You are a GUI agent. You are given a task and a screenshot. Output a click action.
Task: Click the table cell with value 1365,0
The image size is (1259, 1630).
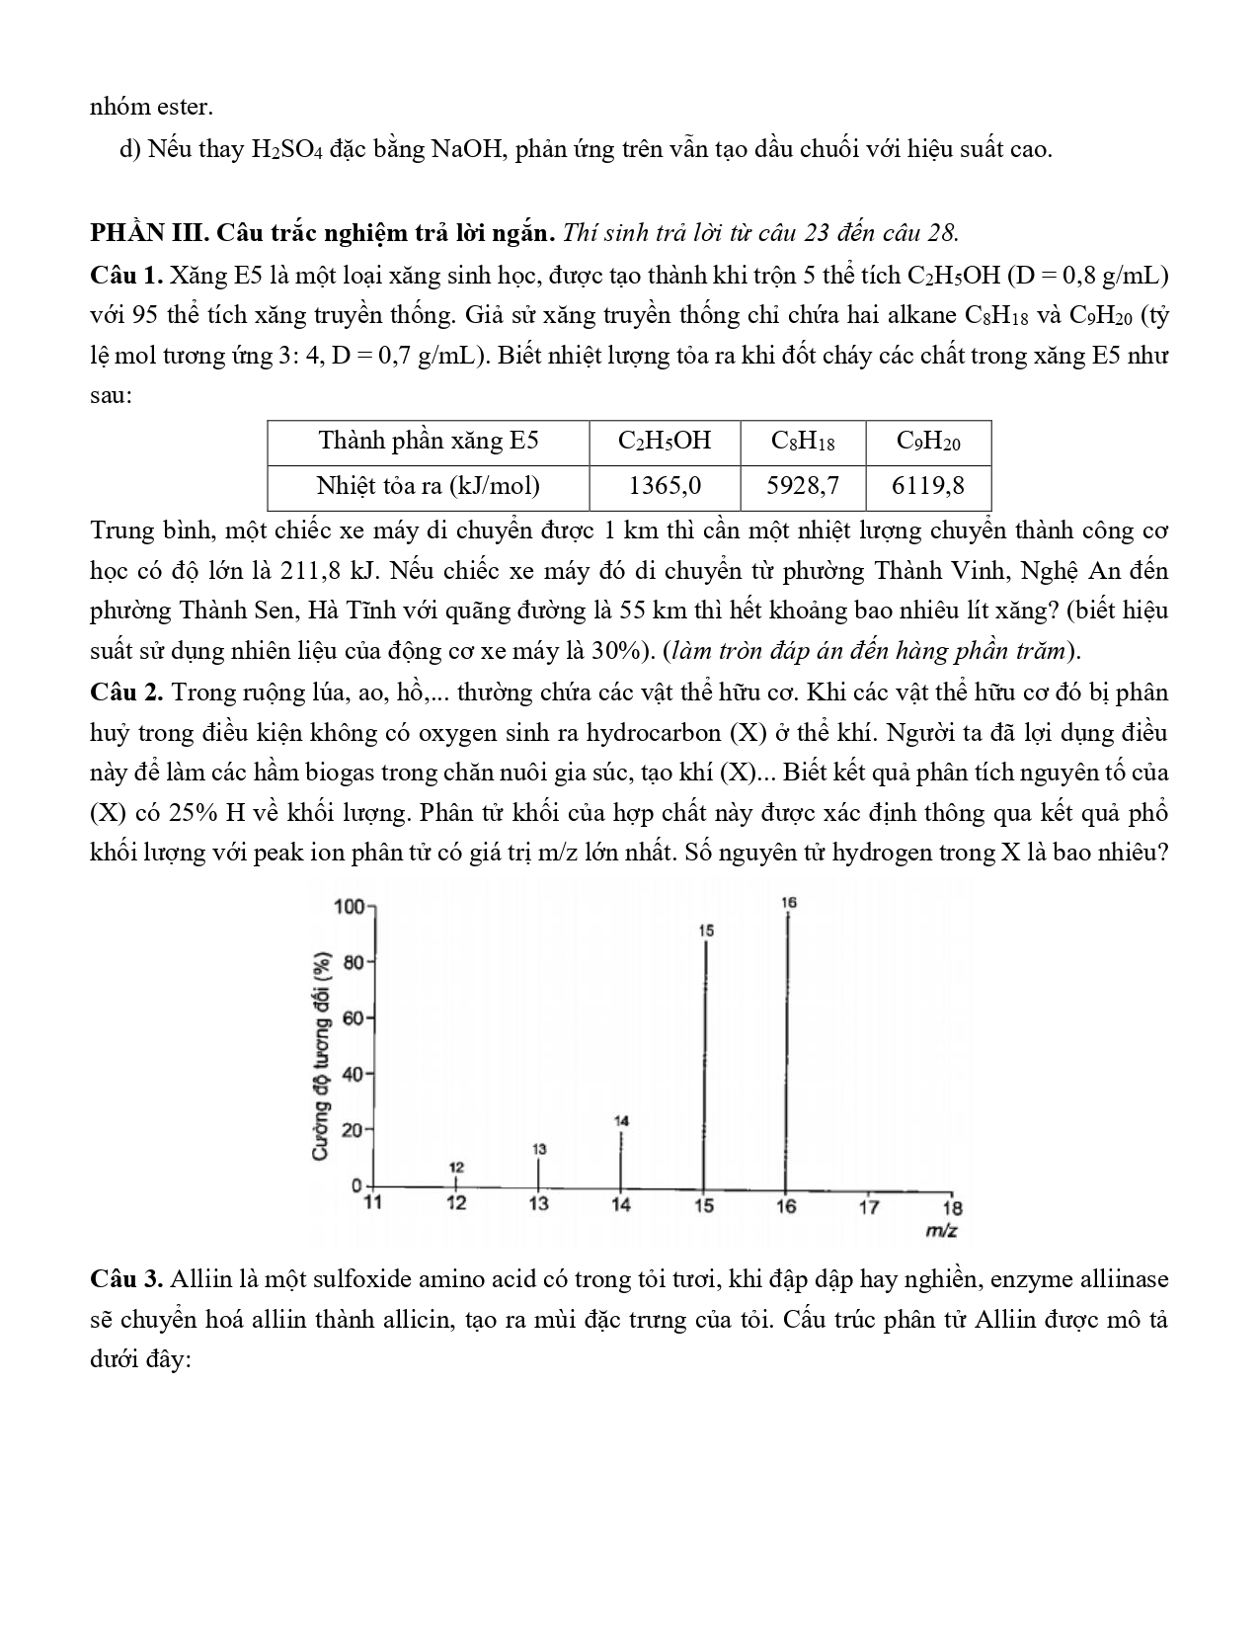coord(665,486)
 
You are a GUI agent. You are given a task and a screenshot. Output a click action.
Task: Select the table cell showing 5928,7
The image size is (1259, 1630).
coord(803,486)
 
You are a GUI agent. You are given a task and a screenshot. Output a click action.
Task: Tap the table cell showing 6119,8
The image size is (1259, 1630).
coord(928,486)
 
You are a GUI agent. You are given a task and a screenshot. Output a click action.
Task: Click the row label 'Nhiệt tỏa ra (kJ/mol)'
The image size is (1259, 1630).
coord(428,486)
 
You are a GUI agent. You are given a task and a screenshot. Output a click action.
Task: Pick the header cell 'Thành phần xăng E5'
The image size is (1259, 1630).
coord(428,441)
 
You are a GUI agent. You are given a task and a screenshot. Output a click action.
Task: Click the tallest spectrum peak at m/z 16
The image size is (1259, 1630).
coord(787,1047)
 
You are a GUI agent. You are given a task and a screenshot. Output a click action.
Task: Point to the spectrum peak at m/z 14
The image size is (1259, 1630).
coord(621,1158)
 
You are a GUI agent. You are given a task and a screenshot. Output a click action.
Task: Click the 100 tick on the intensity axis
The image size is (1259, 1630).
coord(351,906)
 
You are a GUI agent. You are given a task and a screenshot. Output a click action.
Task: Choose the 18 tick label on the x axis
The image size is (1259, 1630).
coord(952,1206)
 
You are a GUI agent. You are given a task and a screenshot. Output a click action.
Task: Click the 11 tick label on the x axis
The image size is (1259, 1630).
coord(373,1202)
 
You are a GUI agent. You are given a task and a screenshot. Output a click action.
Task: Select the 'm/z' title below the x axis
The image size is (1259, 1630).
coord(940,1231)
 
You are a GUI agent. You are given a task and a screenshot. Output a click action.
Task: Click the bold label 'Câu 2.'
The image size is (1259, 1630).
coord(126,692)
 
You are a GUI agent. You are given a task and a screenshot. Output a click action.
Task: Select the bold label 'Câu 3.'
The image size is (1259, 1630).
coord(126,1279)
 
